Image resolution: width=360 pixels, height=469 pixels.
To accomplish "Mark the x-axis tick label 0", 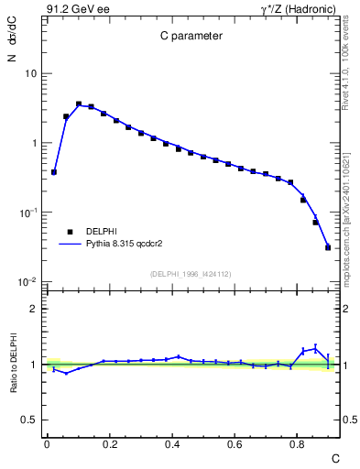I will (47, 444).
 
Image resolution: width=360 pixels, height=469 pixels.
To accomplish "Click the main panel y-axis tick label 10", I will (30, 73).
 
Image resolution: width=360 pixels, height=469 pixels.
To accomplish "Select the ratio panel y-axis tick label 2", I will (33, 310).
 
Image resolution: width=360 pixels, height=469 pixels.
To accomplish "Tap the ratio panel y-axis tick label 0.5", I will (29, 420).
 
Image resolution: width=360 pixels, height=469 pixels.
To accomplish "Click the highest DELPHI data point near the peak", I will (79, 104).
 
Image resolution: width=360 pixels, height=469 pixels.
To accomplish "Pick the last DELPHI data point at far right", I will (328, 247).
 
